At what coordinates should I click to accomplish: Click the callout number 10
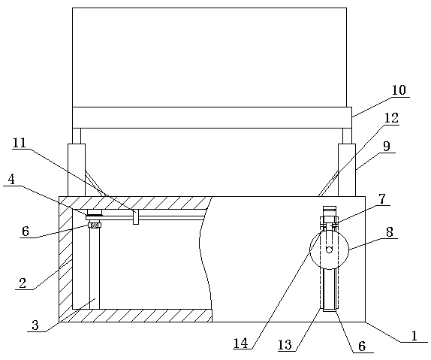[x=398, y=90]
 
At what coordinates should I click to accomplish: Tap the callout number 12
[x=391, y=118]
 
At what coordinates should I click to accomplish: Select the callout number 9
[x=387, y=147]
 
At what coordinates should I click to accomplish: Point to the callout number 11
[x=20, y=143]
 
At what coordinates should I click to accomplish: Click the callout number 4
[x=11, y=180]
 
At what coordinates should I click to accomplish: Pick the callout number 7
[x=381, y=198]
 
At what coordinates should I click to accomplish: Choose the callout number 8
[x=390, y=231]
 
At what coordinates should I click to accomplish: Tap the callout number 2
[x=23, y=283]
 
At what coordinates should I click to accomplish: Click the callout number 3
[x=35, y=325]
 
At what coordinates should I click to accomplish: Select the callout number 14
[x=241, y=343]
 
